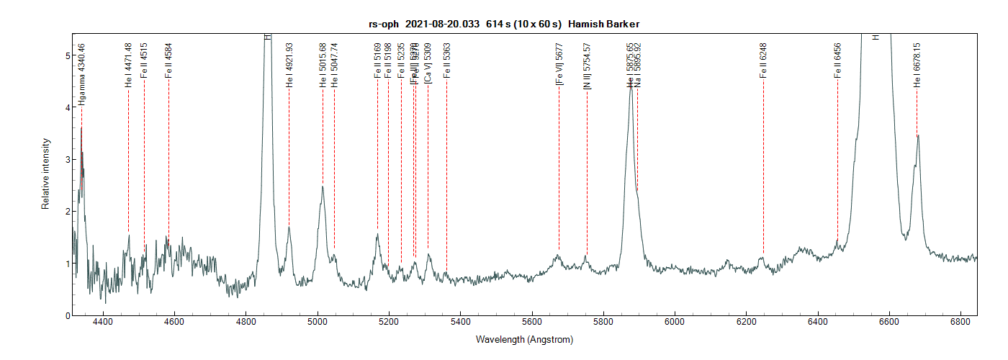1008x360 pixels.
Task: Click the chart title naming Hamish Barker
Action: pos(504,24)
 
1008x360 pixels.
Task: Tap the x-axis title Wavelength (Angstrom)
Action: pos(524,339)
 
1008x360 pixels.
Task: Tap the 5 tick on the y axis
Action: pos(67,55)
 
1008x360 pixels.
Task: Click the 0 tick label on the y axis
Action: pos(67,315)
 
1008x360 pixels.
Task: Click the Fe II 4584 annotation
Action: pos(168,60)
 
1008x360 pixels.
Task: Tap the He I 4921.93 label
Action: pos(289,65)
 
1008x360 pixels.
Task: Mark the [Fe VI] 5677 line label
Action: pos(559,65)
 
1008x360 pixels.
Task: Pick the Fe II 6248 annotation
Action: pos(763,60)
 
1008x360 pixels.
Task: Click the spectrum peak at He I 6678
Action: pos(918,136)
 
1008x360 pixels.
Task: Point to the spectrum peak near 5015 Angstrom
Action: pos(323,187)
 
